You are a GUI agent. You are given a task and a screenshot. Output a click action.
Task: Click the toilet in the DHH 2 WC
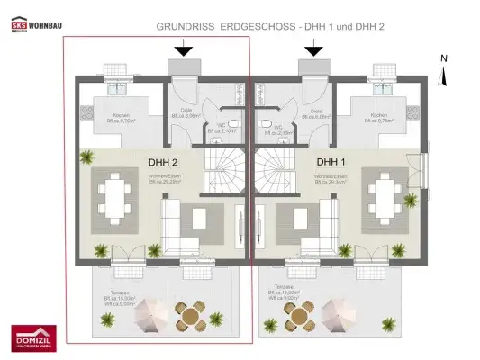(232, 125)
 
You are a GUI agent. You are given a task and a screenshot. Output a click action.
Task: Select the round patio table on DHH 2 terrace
(187, 316)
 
